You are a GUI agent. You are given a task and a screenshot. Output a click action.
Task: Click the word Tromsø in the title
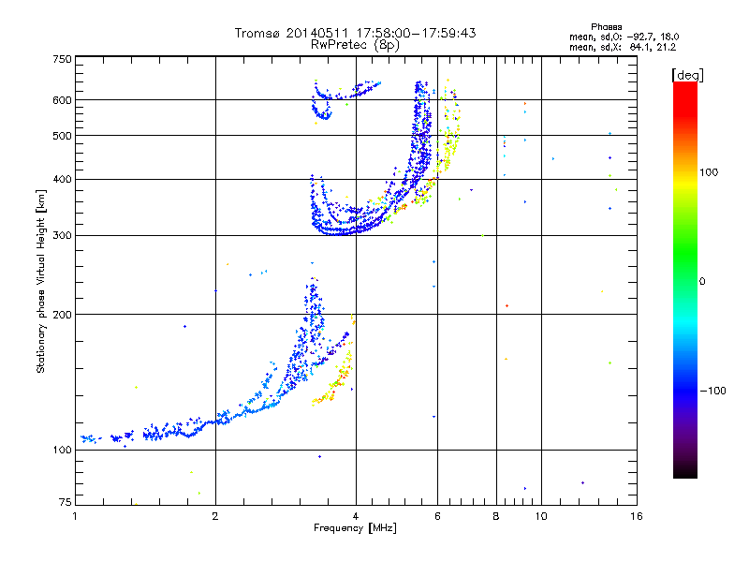tap(258, 33)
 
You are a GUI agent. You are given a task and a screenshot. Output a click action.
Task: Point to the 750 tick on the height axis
tap(62, 59)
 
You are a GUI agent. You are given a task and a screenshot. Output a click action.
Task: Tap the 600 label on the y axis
tap(62, 99)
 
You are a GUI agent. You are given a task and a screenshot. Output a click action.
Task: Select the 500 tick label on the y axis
tap(62, 136)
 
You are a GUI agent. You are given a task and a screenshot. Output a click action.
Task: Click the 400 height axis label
tap(62, 179)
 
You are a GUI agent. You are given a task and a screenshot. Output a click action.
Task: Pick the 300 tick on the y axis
tap(62, 236)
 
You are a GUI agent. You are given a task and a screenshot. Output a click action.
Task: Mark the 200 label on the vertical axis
tap(62, 315)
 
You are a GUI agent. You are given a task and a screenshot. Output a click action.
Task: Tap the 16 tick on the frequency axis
tap(637, 516)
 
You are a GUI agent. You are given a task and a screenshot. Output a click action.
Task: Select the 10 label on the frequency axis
tap(540, 516)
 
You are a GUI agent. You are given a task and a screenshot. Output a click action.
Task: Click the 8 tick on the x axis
tap(496, 516)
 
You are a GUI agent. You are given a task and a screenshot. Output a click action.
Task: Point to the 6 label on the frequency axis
tap(437, 516)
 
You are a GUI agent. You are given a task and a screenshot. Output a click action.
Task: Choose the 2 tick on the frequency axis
tap(215, 516)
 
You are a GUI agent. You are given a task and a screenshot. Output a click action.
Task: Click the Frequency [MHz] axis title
tap(356, 529)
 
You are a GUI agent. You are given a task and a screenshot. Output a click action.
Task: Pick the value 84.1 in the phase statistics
tap(639, 46)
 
